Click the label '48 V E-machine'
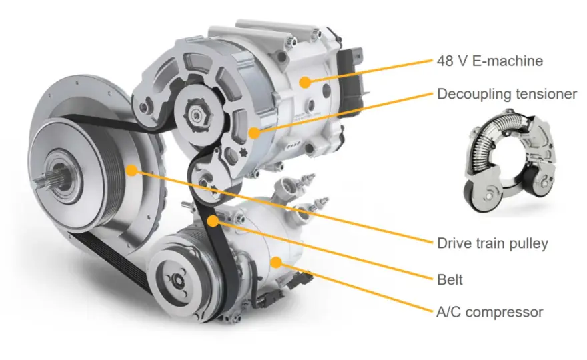click(x=490, y=61)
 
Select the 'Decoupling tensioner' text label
click(x=507, y=94)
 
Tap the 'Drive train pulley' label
click(x=492, y=243)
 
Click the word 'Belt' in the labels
click(x=450, y=279)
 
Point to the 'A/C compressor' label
click(x=490, y=312)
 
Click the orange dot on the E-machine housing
click(x=305, y=82)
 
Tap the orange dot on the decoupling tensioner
click(x=254, y=133)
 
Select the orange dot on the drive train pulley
click(x=131, y=170)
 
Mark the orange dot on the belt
click(x=213, y=221)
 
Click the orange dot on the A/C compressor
click(x=276, y=262)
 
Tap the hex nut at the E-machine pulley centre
click(x=197, y=113)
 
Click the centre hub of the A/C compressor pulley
click(x=176, y=280)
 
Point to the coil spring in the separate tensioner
click(x=487, y=139)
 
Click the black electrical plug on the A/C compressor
click(x=304, y=279)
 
